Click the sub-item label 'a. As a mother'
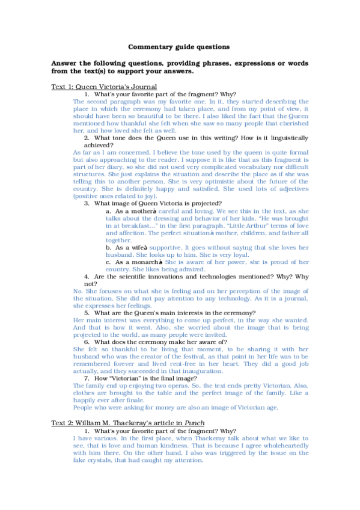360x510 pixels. (130, 211)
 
